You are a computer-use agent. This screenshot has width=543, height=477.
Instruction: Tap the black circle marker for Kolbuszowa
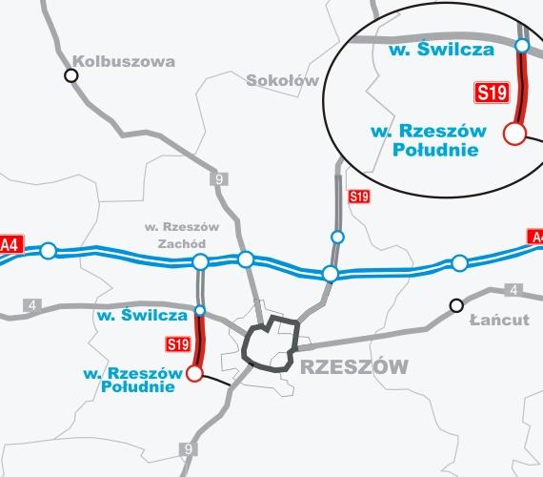(70, 75)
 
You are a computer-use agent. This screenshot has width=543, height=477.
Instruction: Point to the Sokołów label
(282, 81)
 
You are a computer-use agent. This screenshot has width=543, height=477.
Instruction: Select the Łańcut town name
(499, 320)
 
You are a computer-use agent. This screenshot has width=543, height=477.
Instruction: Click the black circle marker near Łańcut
(456, 305)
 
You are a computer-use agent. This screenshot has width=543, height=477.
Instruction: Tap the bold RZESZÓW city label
(353, 366)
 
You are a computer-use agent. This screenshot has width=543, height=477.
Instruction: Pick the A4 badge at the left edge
(10, 243)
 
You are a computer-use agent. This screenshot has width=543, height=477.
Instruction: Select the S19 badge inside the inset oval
(491, 93)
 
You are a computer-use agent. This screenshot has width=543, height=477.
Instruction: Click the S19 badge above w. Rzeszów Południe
(177, 343)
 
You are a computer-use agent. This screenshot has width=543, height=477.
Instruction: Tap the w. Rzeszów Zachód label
(181, 235)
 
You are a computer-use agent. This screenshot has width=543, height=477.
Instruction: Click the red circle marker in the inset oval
(514, 134)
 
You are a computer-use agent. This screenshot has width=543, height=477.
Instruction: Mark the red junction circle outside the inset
(195, 373)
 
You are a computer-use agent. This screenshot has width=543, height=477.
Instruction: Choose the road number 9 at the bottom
(190, 449)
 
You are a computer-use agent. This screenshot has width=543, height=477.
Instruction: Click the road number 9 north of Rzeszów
(220, 178)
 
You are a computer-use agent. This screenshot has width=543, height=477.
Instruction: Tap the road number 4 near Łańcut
(513, 289)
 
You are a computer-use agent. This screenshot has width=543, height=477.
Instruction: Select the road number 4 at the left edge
(34, 305)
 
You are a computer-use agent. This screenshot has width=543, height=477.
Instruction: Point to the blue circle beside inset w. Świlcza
(521, 45)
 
